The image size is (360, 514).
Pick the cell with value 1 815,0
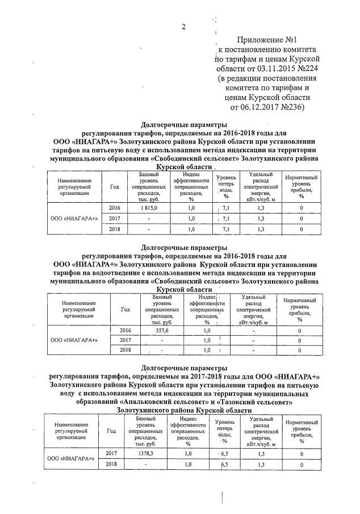point(148,208)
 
